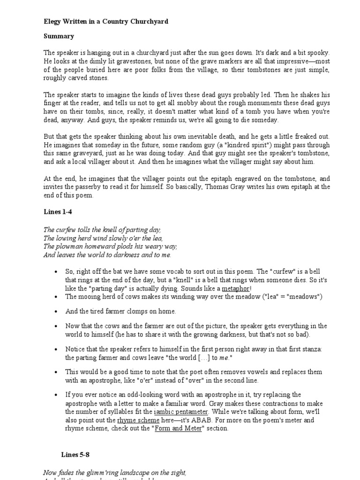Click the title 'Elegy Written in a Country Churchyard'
click(x=105, y=22)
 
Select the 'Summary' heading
click(x=59, y=36)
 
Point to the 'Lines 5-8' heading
click(x=75, y=454)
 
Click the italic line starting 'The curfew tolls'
click(x=102, y=230)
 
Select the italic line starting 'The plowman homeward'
click(x=110, y=247)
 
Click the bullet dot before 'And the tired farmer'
click(x=56, y=311)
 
